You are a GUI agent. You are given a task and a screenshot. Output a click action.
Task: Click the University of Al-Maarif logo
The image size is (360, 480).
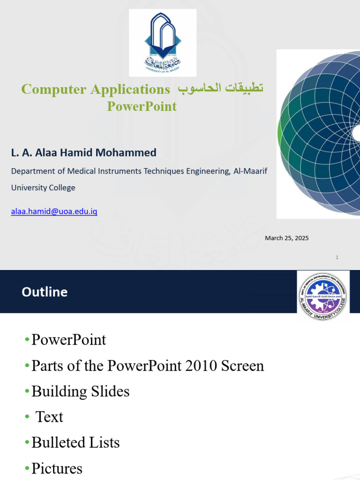click(163, 43)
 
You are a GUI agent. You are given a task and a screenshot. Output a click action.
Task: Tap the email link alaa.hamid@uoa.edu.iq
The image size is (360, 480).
click(54, 211)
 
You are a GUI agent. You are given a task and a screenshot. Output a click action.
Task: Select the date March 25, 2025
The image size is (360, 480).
click(287, 238)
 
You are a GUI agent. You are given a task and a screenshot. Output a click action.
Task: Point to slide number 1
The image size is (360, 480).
click(337, 257)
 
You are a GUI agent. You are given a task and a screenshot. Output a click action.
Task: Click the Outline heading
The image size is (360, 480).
click(45, 292)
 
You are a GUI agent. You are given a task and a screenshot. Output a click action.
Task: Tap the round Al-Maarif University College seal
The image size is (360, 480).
click(323, 296)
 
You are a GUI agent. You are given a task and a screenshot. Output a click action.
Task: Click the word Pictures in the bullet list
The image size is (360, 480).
click(57, 468)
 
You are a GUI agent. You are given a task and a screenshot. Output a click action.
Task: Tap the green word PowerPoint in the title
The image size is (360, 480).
click(142, 106)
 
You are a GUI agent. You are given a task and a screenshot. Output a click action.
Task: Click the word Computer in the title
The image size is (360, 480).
click(53, 90)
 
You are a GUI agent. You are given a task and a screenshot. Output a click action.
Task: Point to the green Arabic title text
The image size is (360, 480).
click(220, 88)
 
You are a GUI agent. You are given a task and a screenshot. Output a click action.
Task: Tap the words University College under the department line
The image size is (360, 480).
click(43, 187)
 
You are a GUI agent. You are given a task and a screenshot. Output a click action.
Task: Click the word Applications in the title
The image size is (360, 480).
click(130, 90)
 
